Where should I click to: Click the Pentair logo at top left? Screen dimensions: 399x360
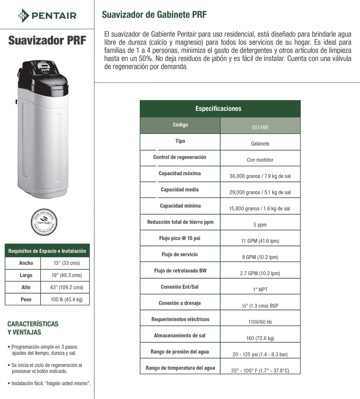[47, 15]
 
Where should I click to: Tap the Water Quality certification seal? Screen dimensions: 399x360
[44, 222]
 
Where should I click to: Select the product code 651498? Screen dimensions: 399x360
[260, 127]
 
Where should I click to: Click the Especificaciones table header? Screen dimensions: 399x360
[218, 109]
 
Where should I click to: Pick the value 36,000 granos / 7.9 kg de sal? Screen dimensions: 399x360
[260, 176]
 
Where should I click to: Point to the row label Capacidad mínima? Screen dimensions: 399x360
[180, 206]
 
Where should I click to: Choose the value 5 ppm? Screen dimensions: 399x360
[260, 225]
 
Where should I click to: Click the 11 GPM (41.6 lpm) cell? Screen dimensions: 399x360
[260, 241]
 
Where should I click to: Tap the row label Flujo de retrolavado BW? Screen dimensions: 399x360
[180, 271]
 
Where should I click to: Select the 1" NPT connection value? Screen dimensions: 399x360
[260, 289]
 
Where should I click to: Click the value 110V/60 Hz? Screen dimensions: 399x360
[260, 322]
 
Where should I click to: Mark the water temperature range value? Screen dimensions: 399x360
[260, 370]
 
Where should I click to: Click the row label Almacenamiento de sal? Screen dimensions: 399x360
[180, 335]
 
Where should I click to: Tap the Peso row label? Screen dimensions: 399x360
[26, 299]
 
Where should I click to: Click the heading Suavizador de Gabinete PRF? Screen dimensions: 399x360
[154, 14]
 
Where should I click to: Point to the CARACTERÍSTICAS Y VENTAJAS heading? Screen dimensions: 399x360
[33, 328]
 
